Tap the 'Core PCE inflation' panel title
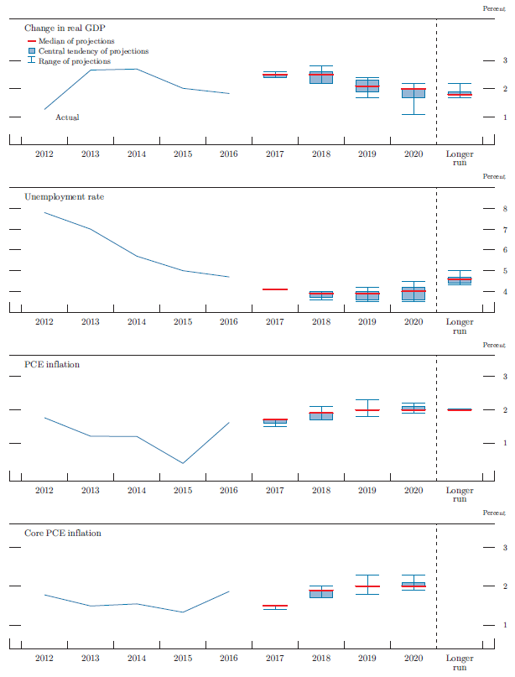[x=64, y=532]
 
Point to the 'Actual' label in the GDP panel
[x=67, y=117]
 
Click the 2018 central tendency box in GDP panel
[x=320, y=78]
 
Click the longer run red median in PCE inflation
[x=459, y=409]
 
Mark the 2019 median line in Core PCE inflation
[x=367, y=586]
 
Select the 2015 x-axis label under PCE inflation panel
[x=182, y=490]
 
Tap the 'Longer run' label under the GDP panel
[x=459, y=159]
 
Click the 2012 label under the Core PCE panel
[x=44, y=658]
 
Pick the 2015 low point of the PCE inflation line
[x=182, y=463]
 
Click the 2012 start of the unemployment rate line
[x=44, y=212]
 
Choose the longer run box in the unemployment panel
[x=459, y=279]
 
